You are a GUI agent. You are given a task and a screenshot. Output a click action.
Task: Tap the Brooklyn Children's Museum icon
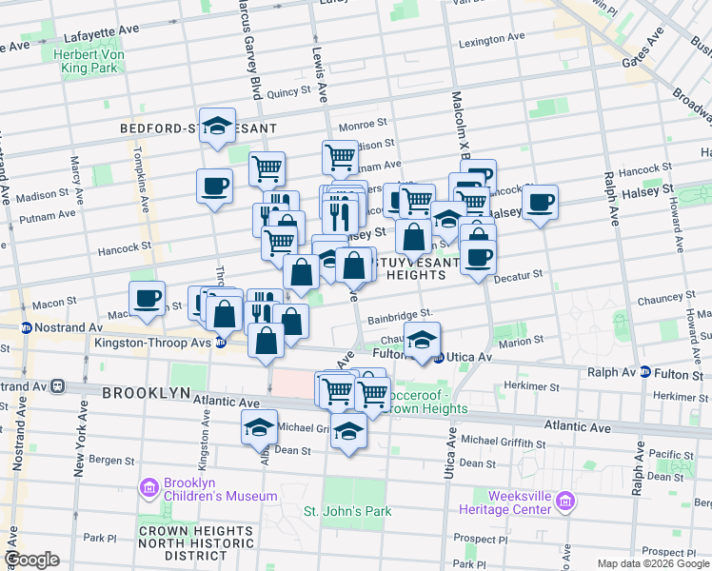point(148,488)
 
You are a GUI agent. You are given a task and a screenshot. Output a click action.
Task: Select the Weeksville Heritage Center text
point(513,502)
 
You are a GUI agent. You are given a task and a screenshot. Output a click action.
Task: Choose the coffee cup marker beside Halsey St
point(540,202)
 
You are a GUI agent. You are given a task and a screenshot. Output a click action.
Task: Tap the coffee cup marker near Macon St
point(147,297)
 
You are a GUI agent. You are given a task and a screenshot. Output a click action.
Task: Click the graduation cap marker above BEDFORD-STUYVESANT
point(217,125)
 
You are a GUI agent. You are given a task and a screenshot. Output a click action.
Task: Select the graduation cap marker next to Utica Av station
point(421,339)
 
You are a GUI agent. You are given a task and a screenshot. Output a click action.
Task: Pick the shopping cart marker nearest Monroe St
point(340,156)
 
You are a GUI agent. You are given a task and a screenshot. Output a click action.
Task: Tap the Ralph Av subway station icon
point(645,373)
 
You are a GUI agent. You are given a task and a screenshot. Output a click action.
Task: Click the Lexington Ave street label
point(491,43)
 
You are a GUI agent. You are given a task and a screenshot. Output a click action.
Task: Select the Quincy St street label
point(284,93)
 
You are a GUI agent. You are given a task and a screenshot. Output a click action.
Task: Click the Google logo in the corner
point(31,560)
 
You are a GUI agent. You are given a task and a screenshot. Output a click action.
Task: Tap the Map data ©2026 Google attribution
point(652,563)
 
